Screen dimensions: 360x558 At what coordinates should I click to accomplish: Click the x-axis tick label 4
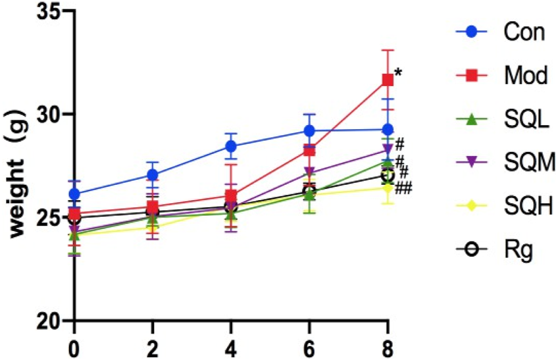pyautogui.click(x=231, y=346)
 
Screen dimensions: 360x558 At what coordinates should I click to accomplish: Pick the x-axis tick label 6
pyautogui.click(x=309, y=346)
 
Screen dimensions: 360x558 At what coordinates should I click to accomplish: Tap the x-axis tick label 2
pyautogui.click(x=153, y=346)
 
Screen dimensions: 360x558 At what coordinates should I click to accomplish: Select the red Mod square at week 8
pyautogui.click(x=388, y=80)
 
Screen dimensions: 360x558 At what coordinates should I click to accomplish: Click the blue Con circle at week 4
pyautogui.click(x=231, y=146)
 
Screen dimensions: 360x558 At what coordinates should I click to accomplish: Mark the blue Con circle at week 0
pyautogui.click(x=74, y=194)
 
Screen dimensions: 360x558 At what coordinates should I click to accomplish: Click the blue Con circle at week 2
pyautogui.click(x=153, y=174)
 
